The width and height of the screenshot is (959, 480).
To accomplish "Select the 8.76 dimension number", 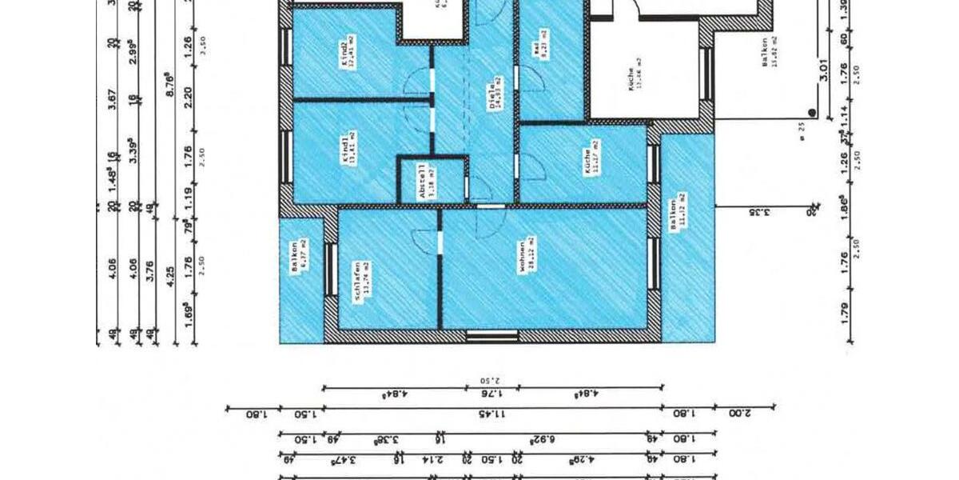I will (x=168, y=86).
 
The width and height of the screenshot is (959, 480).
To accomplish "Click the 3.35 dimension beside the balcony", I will (x=759, y=213).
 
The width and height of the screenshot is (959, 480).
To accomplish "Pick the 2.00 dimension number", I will (x=742, y=414).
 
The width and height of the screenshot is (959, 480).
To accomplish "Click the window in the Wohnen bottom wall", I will (x=481, y=336).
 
